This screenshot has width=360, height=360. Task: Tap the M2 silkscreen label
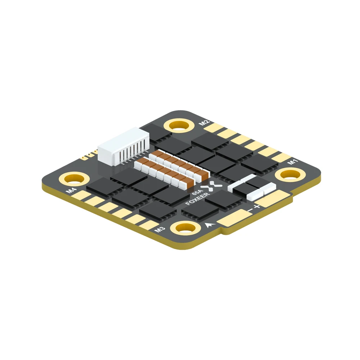point(204,122)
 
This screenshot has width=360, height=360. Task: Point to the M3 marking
point(159,229)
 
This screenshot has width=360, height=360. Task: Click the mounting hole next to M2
point(179,126)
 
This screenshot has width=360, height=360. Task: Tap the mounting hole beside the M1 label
point(290,175)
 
